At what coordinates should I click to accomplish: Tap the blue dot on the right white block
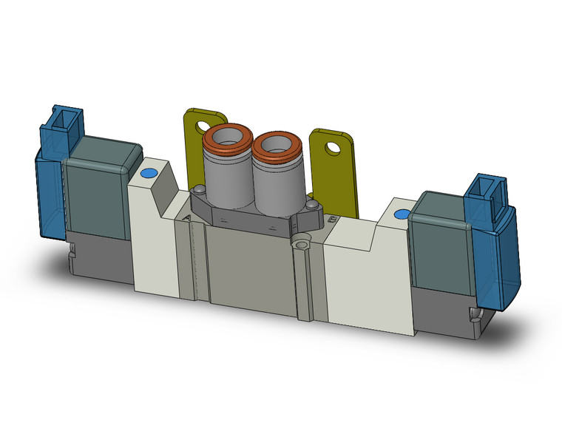401,214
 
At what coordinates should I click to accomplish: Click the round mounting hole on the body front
301,242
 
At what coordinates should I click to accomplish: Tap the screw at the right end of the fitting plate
314,205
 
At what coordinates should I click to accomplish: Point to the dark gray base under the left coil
100,255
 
